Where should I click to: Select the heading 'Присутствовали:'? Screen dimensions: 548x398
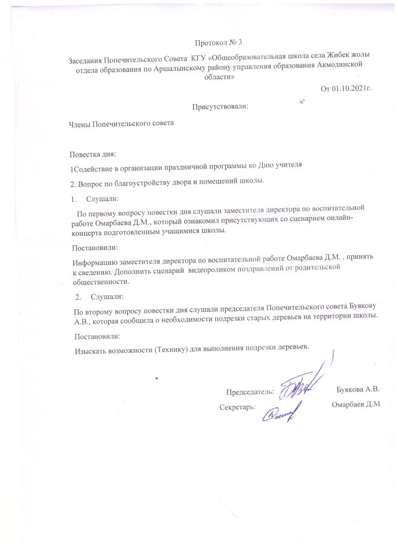point(220,107)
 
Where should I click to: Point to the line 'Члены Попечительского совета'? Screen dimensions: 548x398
point(120,124)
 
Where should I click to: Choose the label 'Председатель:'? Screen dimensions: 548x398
point(250,392)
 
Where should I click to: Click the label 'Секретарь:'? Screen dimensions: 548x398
point(238,407)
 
